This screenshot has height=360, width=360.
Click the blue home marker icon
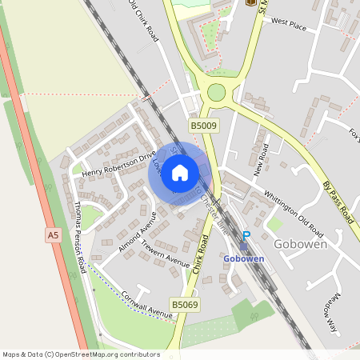point(180,172)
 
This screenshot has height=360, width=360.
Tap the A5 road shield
point(53,235)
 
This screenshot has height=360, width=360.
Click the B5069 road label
point(184,305)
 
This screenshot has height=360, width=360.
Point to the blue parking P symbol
point(246,236)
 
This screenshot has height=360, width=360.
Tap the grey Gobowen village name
point(300,244)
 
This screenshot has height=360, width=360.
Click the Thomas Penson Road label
point(78,237)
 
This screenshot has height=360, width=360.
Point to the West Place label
point(289,26)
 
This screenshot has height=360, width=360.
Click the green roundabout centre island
point(216,93)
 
